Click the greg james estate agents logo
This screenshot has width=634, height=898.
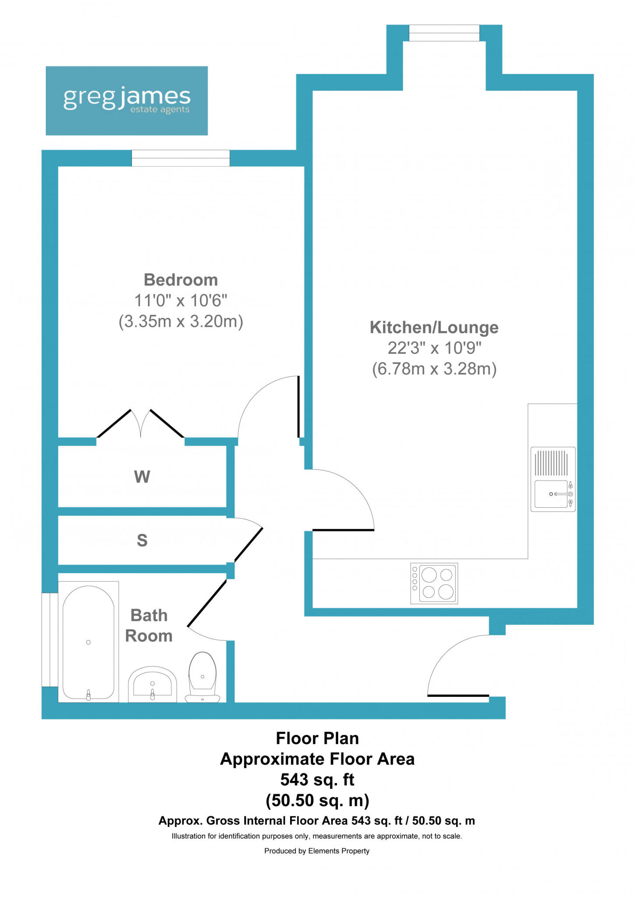[x=127, y=100]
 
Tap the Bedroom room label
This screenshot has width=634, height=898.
[x=181, y=280]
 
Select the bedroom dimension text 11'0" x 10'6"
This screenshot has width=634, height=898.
[x=181, y=301]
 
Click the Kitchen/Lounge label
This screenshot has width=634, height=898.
[x=434, y=328]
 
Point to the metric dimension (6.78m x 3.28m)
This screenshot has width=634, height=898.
[x=434, y=369]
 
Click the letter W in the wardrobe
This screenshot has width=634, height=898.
[x=142, y=477]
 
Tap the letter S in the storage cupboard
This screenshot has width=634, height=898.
[x=142, y=540]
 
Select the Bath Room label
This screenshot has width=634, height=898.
[x=149, y=626]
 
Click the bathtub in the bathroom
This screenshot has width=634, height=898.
[x=89, y=642]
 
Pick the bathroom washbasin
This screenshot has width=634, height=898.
[x=152, y=684]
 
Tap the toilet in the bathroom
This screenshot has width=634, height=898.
[x=202, y=677]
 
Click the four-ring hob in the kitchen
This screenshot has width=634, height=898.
[x=434, y=583]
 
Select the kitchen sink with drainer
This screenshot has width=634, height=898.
[x=553, y=479]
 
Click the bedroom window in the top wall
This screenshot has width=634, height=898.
[x=181, y=158]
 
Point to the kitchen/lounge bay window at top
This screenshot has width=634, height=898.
[x=444, y=33]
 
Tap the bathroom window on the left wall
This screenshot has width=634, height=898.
[x=50, y=639]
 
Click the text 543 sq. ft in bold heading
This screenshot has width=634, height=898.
[x=317, y=780]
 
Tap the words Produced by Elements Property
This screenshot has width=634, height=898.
[x=317, y=851]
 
